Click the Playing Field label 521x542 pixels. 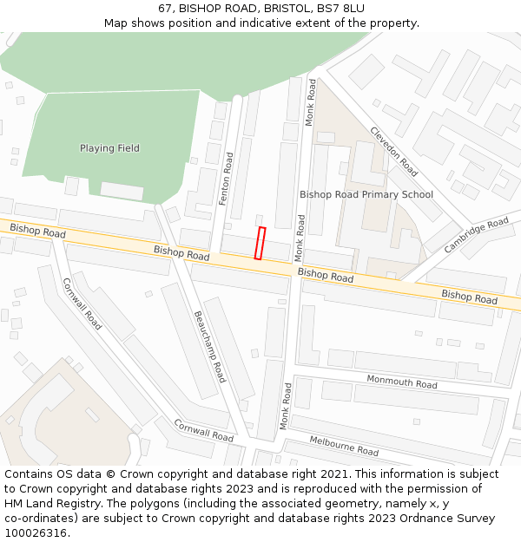tap(109, 148)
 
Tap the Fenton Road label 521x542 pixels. tap(226, 179)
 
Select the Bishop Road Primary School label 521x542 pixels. tap(366, 194)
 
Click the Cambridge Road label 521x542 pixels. tap(476, 236)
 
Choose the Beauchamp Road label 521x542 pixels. tap(209, 346)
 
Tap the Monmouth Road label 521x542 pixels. tap(401, 382)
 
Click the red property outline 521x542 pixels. tap(260, 243)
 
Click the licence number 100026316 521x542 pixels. tap(36, 533)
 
